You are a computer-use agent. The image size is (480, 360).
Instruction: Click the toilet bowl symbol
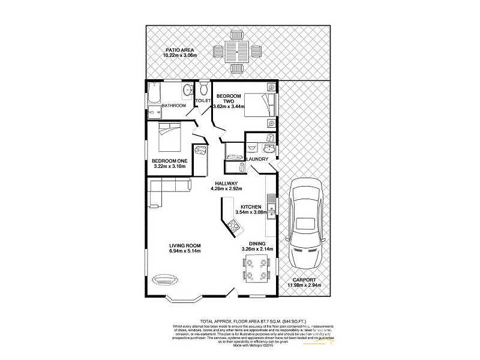click(203, 90)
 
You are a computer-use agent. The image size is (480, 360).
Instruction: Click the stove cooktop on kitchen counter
click(233, 226)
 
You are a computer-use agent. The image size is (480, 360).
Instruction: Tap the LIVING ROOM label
click(184, 245)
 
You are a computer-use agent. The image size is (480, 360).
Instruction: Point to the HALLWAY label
click(225, 183)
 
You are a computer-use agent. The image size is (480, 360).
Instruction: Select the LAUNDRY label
click(265, 159)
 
